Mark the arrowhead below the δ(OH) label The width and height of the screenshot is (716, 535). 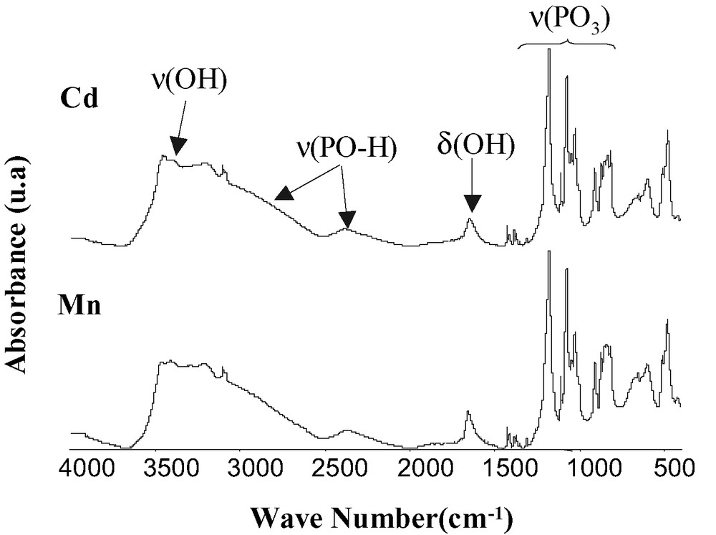point(471,206)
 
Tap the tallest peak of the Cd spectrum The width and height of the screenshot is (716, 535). point(548,50)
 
